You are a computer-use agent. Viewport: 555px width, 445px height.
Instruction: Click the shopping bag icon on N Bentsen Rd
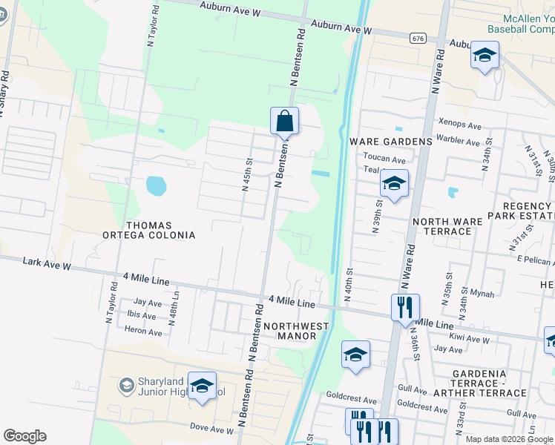285,120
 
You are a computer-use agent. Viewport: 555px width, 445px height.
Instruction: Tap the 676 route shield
417,38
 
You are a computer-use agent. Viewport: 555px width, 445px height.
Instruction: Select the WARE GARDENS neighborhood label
386,142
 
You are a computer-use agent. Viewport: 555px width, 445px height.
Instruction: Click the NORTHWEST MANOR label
295,331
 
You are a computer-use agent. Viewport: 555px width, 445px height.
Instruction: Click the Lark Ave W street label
47,264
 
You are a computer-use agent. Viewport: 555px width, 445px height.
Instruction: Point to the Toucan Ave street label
384,159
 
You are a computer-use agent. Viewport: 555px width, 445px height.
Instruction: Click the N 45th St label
247,174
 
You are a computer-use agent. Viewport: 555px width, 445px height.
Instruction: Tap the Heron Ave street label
143,332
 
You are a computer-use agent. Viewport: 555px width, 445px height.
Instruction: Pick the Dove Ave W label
211,429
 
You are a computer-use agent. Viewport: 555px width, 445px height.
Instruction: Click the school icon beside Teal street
394,184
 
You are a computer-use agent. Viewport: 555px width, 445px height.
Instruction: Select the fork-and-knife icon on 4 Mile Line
405,306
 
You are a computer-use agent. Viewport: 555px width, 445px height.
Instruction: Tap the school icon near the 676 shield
485,55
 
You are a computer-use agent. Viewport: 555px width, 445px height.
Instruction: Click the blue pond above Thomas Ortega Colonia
156,185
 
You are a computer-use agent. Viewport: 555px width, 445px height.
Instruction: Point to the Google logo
24,436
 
